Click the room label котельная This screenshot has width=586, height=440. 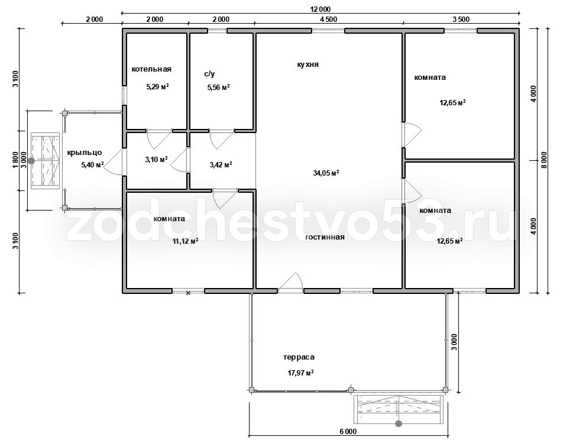tap(151, 69)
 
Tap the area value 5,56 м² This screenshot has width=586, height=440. tap(218, 88)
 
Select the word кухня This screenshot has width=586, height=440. tap(307, 64)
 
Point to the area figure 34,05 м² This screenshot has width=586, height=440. tap(326, 173)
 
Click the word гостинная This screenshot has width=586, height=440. tap(325, 237)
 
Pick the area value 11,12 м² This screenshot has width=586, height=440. tap(185, 241)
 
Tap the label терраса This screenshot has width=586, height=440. tap(299, 357)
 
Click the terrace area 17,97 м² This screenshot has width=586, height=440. tap(300, 373)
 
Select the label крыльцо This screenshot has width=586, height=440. tap(85, 153)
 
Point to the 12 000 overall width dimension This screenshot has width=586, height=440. tap(320, 9)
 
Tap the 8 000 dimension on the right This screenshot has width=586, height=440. tap(543, 161)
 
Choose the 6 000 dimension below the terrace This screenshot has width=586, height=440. tap(348, 431)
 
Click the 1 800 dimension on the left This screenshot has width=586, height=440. tap(15, 161)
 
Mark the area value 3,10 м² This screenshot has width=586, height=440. tap(156, 160)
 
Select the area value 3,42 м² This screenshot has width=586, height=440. tap(221, 164)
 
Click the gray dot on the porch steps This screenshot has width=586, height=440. tap(31, 161)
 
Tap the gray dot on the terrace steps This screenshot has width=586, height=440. tap(399, 423)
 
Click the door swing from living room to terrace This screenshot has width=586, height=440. tap(294, 279)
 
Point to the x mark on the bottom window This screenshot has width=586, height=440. tap(189, 293)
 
